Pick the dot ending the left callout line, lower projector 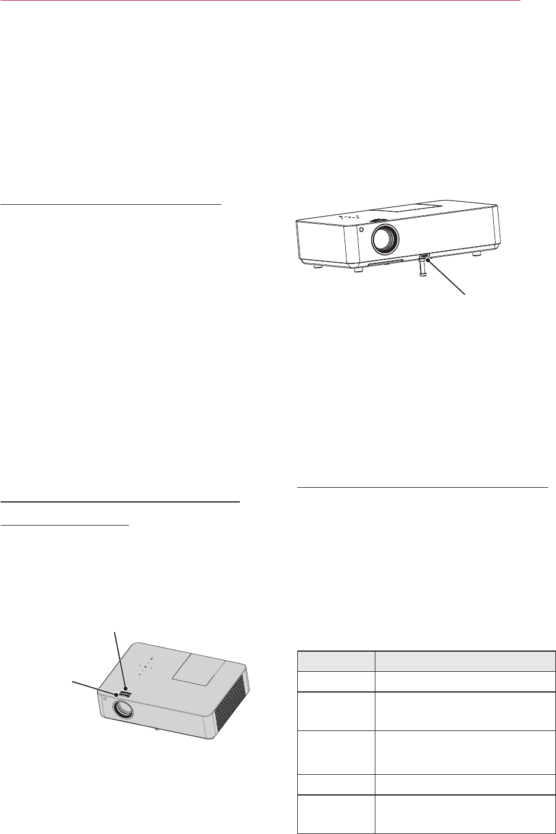click(117, 695)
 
